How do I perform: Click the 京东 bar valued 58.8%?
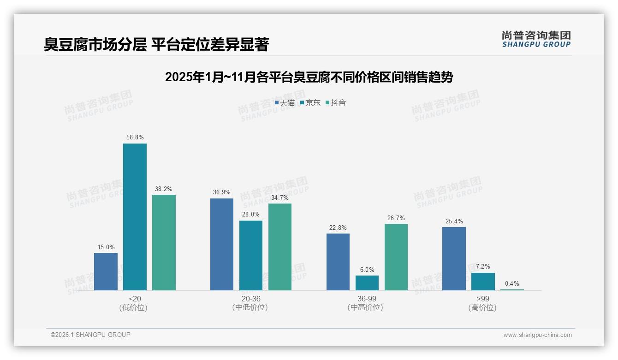click(x=135, y=217)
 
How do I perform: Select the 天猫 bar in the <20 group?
click(x=106, y=271)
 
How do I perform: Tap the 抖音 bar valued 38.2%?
click(x=164, y=242)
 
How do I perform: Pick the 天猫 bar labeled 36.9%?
click(x=222, y=244)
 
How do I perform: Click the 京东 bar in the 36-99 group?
click(x=367, y=283)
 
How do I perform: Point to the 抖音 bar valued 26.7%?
click(x=396, y=257)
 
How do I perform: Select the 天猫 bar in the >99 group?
click(x=454, y=258)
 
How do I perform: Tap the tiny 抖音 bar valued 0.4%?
click(x=512, y=289)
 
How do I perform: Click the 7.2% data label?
click(x=483, y=266)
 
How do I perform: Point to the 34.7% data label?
click(x=280, y=198)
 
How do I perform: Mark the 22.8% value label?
click(x=338, y=228)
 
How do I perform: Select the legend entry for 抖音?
click(x=336, y=103)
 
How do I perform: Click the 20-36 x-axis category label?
click(x=250, y=299)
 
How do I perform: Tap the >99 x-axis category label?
click(x=483, y=299)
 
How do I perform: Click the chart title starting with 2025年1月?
click(x=309, y=77)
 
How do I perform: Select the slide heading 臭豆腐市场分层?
click(x=156, y=44)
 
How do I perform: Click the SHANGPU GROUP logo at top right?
click(x=536, y=39)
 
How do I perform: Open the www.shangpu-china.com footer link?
click(x=537, y=335)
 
